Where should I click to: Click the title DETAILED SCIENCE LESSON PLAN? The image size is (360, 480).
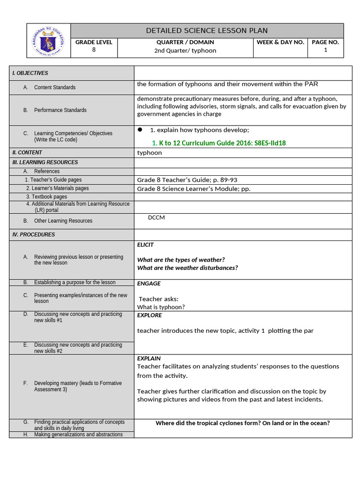[x=207, y=30]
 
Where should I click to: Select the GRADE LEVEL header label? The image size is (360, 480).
[x=94, y=42]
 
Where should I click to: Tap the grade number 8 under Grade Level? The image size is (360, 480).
[x=94, y=50]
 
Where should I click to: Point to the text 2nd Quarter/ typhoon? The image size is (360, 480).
[x=185, y=51]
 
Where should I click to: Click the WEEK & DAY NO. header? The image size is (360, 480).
[x=280, y=42]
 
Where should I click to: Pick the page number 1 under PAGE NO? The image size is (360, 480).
[x=325, y=50]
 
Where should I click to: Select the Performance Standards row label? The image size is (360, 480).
[x=60, y=110]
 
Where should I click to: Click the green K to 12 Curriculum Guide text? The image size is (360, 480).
[x=218, y=143]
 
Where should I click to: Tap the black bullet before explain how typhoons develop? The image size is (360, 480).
[x=140, y=130]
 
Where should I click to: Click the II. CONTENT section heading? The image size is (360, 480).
[x=27, y=152]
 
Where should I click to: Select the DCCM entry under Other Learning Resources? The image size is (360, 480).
[x=157, y=217]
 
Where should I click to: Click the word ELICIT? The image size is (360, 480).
[x=145, y=245]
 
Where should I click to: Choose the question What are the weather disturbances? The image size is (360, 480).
[x=187, y=268]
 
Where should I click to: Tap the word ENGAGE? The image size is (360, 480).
[x=149, y=284]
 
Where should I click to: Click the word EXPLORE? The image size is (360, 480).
[x=150, y=315]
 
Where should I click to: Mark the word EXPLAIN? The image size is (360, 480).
[x=149, y=359]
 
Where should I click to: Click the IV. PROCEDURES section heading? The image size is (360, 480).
[x=33, y=234]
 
